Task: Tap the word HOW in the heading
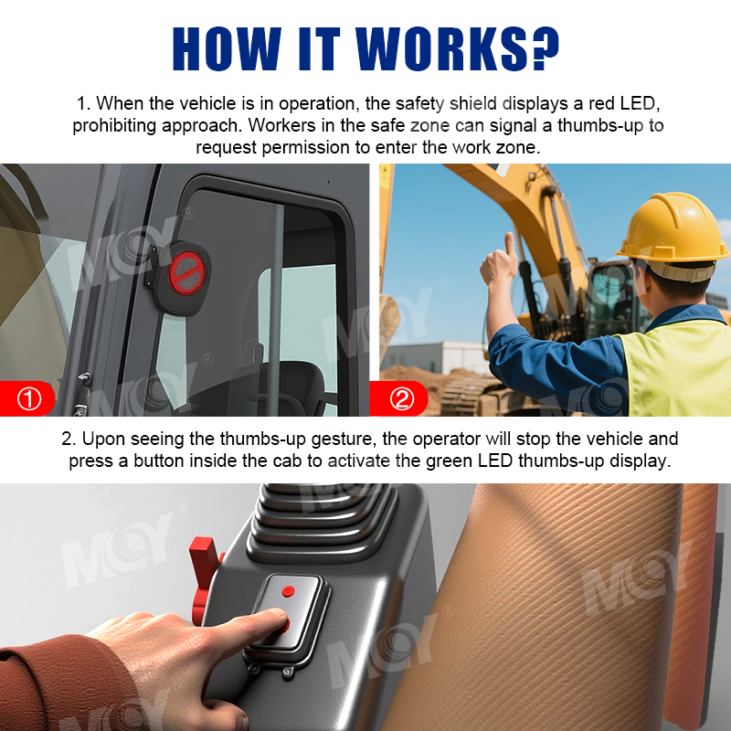pyautogui.click(x=227, y=48)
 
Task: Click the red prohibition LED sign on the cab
pyautogui.click(x=187, y=273)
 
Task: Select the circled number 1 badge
pyautogui.click(x=29, y=398)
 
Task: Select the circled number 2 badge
pyautogui.click(x=401, y=398)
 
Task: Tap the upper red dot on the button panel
pyautogui.click(x=288, y=591)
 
